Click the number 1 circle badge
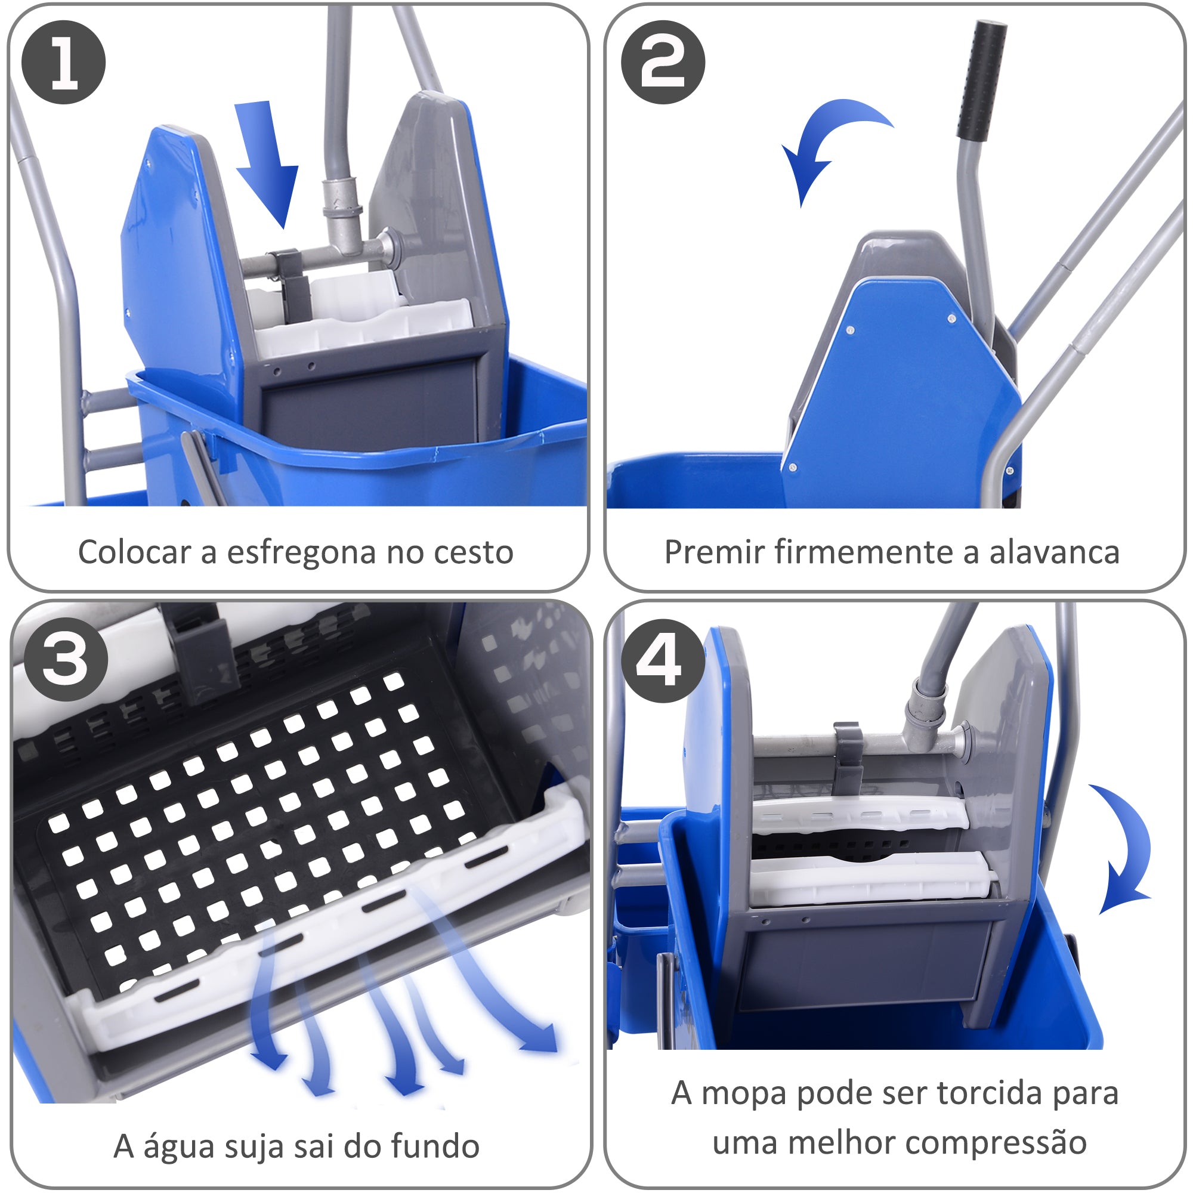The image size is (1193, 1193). (64, 62)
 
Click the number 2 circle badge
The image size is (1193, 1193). (663, 62)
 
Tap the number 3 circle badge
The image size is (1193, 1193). (66, 660)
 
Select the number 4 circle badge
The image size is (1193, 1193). (662, 662)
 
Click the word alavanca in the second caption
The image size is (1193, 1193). (1054, 552)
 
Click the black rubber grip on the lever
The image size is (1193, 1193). (981, 81)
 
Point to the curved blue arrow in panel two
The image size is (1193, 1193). (827, 142)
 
